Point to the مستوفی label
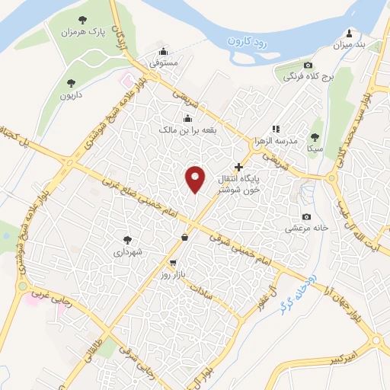tap(163, 64)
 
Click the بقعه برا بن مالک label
tap(187, 131)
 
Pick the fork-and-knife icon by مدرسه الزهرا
tap(276, 129)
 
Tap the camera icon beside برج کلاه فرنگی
tap(308, 66)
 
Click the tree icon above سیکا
tap(315, 137)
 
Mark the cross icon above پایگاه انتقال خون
tap(238, 166)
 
